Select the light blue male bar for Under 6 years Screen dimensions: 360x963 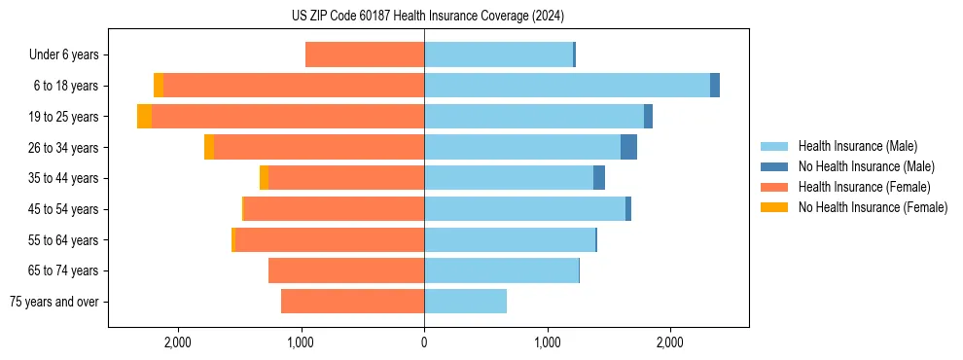498,54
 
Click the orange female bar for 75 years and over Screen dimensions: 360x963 352,302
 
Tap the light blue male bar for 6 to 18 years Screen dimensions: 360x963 566,86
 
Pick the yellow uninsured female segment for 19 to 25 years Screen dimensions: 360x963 144,117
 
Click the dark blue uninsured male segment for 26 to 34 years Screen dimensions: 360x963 628,147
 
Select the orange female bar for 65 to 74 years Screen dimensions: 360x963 345,270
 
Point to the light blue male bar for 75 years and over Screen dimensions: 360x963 465,302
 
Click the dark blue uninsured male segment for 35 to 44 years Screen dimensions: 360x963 599,178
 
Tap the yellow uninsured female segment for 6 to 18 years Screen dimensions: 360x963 159,86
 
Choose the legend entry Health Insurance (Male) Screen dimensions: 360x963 857,146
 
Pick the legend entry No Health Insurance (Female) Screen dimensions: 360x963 873,207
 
